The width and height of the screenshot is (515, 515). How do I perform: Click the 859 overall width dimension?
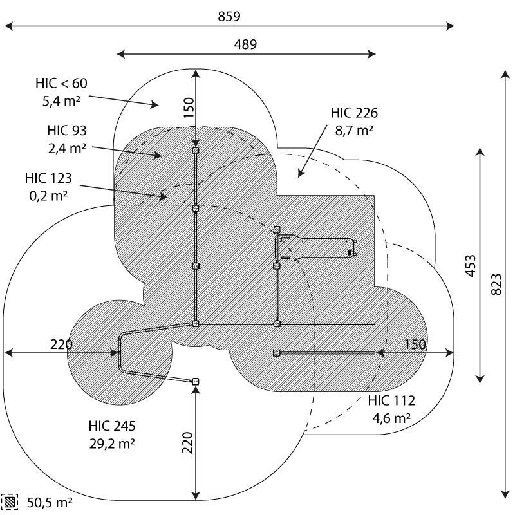[x=229, y=17]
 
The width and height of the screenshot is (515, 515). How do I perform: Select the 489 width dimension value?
[x=245, y=44]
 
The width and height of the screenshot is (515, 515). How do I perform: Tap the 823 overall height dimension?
[x=496, y=285]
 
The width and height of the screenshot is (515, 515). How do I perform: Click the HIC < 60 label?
[x=61, y=83]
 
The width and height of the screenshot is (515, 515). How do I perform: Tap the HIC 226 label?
[x=354, y=113]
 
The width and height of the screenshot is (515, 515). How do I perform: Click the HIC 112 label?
[x=391, y=400]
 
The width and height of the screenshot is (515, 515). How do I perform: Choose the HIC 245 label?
[x=112, y=426]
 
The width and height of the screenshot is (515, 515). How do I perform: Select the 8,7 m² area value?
[x=354, y=130]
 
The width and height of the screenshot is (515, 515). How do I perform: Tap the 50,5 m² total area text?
[x=50, y=502]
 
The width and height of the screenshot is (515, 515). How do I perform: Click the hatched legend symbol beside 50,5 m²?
[x=10, y=502]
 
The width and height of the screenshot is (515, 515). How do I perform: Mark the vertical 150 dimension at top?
[x=187, y=109]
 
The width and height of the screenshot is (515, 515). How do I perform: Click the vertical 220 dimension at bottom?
[x=187, y=443]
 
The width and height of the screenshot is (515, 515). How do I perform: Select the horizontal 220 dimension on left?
[x=61, y=344]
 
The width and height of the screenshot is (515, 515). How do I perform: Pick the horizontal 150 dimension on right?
[x=415, y=344]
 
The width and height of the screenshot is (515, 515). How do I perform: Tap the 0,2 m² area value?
[x=48, y=195]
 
